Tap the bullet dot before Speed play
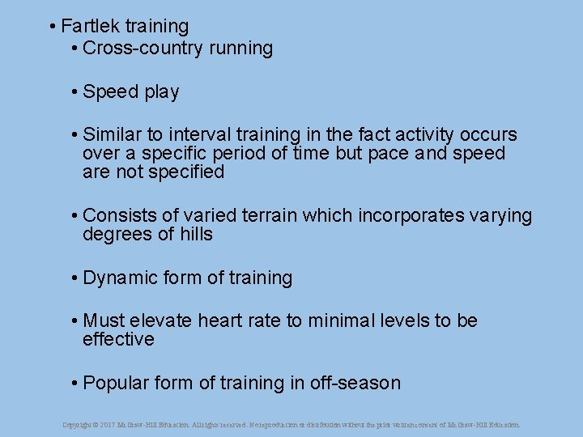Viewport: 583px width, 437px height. click(74, 92)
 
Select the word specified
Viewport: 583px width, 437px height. click(185, 172)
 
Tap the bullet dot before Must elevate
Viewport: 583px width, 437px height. click(74, 321)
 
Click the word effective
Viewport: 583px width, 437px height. click(118, 340)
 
